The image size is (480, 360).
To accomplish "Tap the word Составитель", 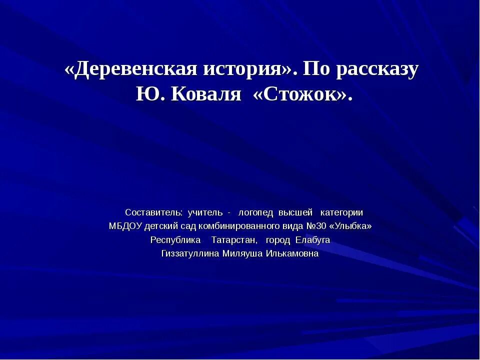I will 154,212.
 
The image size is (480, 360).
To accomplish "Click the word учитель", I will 205,212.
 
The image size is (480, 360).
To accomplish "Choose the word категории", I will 342,212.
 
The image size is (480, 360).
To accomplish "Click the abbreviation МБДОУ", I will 125,226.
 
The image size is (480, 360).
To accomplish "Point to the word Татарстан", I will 234,239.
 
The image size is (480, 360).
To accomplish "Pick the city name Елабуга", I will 312,239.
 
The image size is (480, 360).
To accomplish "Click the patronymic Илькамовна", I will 292,253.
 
